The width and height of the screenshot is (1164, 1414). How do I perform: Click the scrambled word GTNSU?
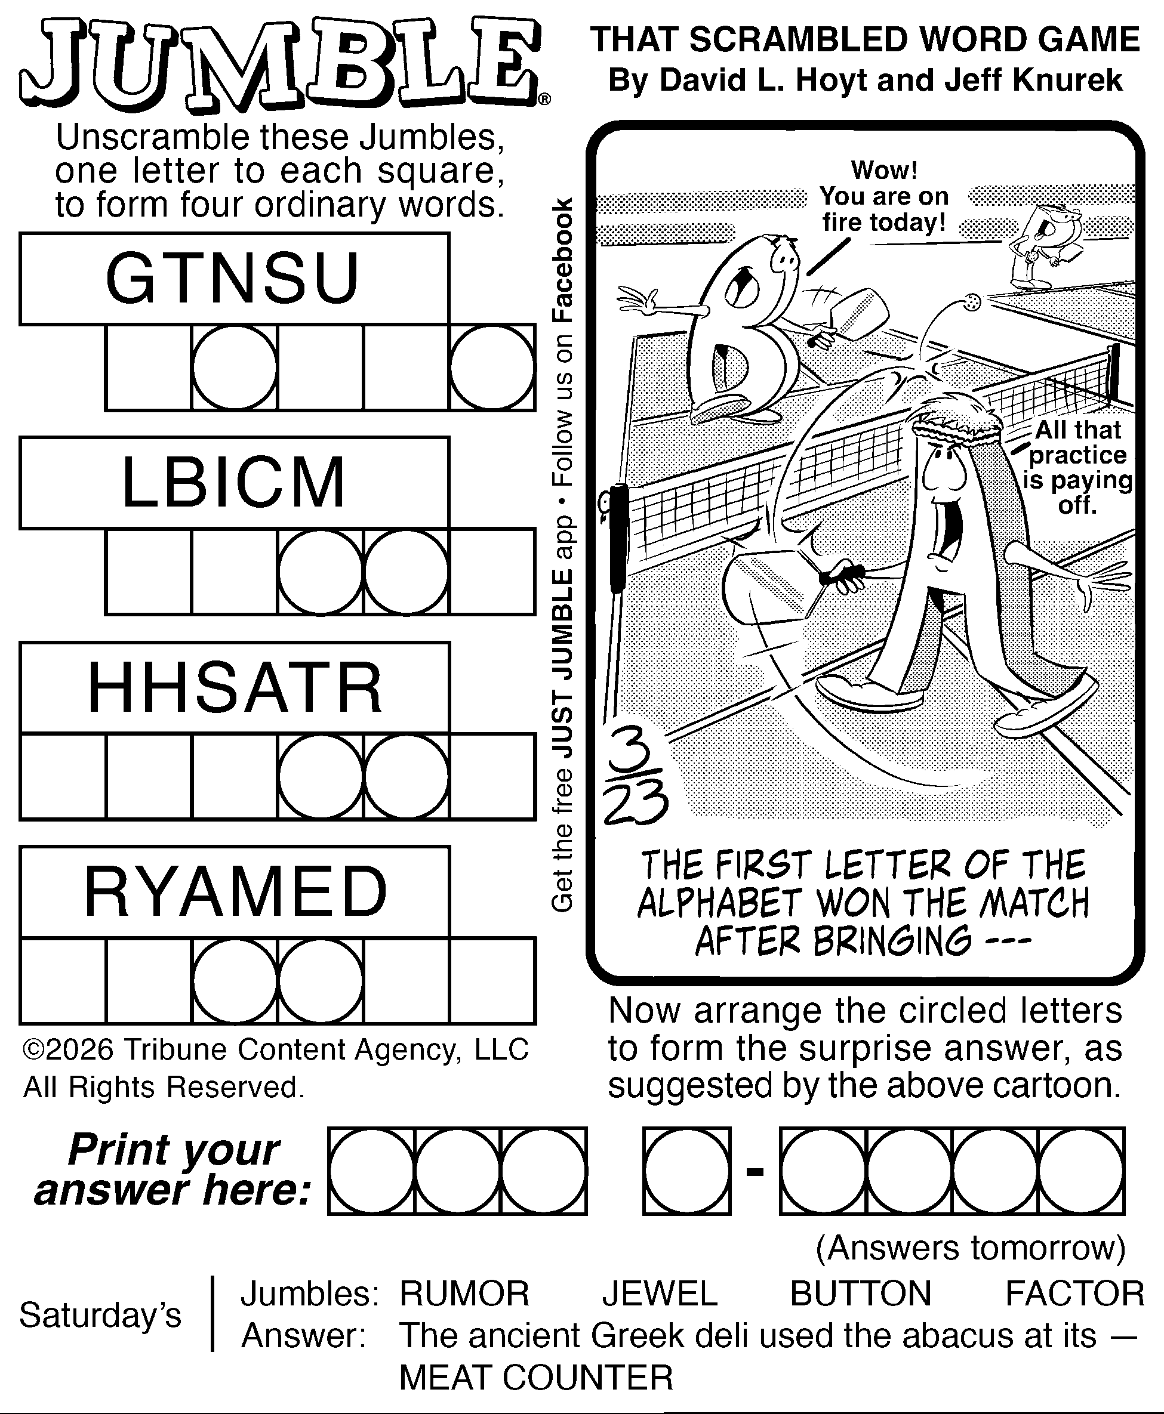click(233, 278)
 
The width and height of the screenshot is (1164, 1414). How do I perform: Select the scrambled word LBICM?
click(233, 483)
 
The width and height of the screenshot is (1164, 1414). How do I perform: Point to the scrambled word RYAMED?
click(235, 892)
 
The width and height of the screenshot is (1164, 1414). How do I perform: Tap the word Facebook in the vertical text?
click(562, 261)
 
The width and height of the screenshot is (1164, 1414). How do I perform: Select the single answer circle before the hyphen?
click(686, 1171)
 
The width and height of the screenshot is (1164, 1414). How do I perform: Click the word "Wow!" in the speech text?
click(883, 170)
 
